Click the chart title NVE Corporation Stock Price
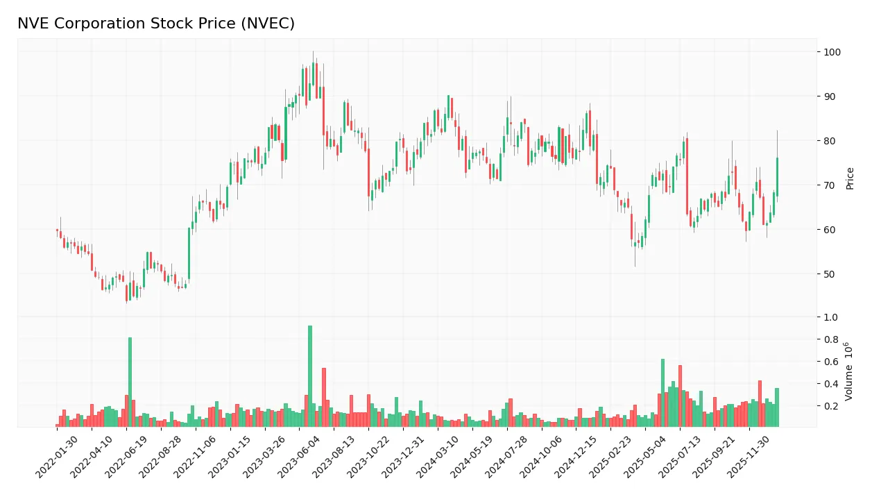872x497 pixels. pyautogui.click(x=156, y=24)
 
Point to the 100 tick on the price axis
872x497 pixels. pyautogui.click(x=832, y=52)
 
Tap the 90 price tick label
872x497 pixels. pyautogui.click(x=830, y=96)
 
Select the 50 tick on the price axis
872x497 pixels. pyautogui.click(x=830, y=274)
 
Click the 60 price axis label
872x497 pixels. pyautogui.click(x=830, y=230)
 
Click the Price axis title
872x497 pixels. pyautogui.click(x=850, y=178)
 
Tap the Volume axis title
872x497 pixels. pyautogui.click(x=850, y=371)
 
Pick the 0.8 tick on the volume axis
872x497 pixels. pyautogui.click(x=830, y=339)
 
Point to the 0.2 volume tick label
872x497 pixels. pyautogui.click(x=830, y=406)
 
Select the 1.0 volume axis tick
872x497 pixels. pyautogui.click(x=830, y=317)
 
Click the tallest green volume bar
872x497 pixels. pyautogui.click(x=310, y=376)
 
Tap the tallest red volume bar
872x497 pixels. pyautogui.click(x=680, y=396)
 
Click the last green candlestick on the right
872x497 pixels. pyautogui.click(x=777, y=177)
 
